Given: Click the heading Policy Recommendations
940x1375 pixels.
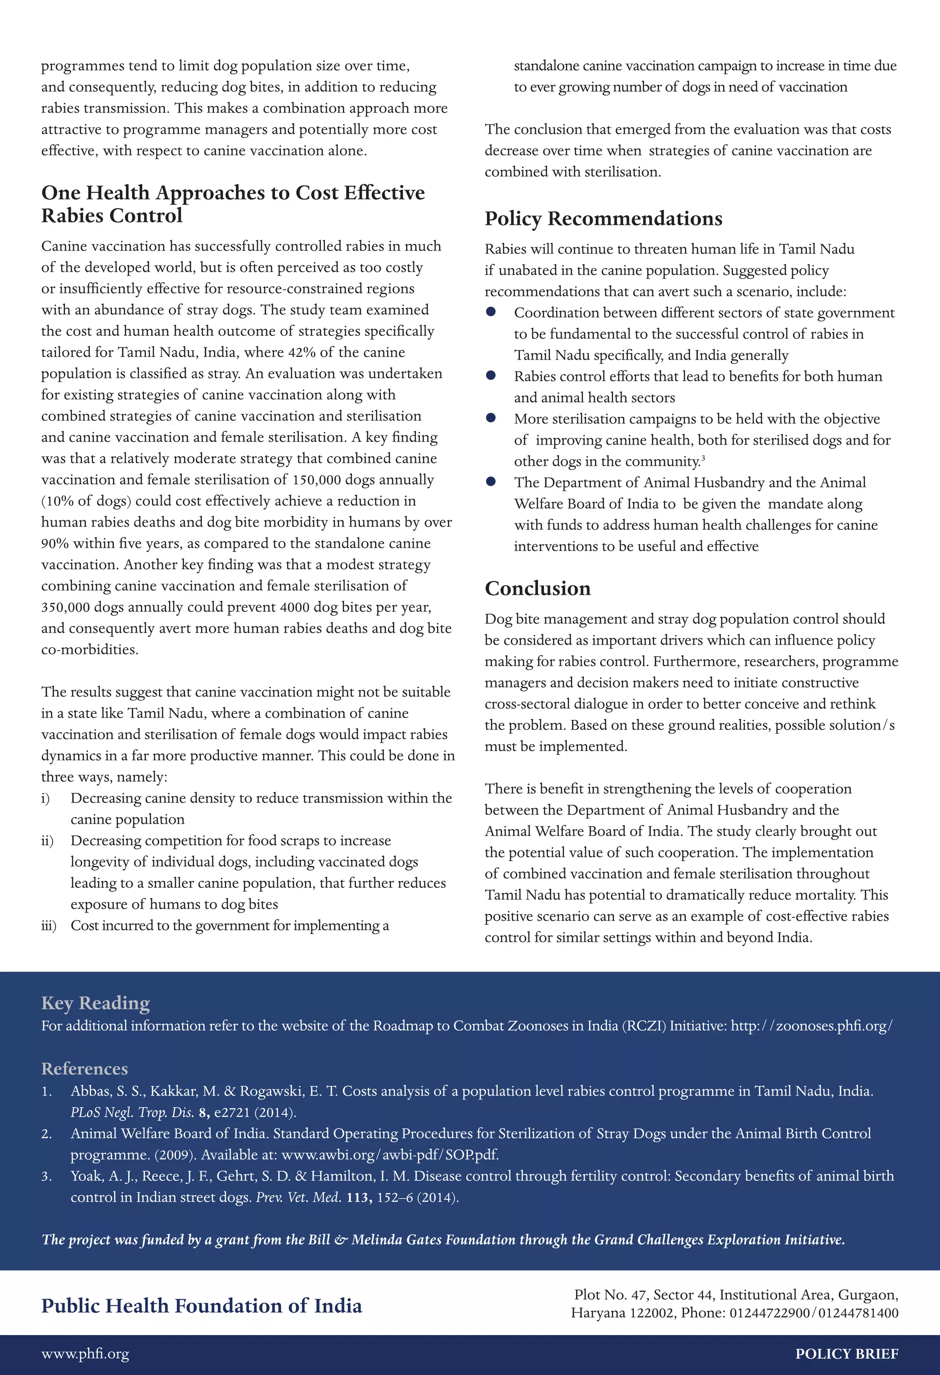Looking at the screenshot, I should coord(603,219).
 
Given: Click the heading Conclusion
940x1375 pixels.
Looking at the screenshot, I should coord(537,589).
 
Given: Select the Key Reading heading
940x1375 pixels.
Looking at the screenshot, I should coord(95,1003).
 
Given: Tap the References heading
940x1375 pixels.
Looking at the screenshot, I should coord(84,1069).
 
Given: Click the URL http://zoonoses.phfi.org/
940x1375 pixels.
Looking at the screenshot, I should coord(811,1026).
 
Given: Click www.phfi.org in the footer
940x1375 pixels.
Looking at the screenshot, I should coord(84,1354).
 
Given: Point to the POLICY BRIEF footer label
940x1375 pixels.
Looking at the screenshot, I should coord(846,1354).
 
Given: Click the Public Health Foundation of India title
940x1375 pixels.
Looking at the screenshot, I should coord(201,1306).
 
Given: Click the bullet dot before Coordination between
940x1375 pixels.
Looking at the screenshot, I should coord(491,312).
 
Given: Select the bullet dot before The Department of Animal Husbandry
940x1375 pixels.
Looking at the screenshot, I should coord(491,482).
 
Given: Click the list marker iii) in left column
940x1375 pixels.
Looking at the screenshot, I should coord(49,926).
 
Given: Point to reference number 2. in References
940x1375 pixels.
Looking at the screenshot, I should coord(47,1134).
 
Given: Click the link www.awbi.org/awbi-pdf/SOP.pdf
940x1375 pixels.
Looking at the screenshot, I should coord(390,1155).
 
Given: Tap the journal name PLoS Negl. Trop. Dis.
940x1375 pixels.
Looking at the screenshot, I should coord(133,1113).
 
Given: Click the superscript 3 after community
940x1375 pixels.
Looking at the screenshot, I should coord(703,458).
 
